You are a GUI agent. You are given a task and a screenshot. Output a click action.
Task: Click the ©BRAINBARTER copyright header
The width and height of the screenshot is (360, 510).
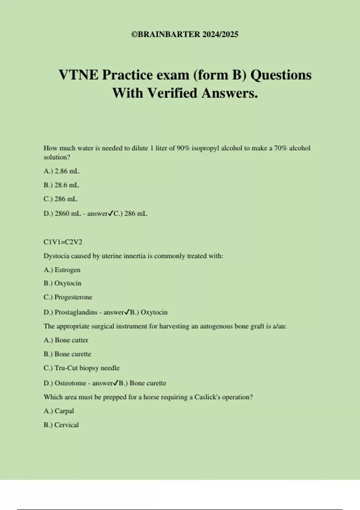(185, 34)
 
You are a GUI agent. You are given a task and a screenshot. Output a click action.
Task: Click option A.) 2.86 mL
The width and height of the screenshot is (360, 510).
(61, 171)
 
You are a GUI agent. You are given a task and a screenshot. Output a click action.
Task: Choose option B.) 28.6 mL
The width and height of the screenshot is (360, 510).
(61, 185)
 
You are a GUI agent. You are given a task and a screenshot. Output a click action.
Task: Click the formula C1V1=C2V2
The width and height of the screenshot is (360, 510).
(63, 242)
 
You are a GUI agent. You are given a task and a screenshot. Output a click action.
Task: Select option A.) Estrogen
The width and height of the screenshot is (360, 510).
(62, 270)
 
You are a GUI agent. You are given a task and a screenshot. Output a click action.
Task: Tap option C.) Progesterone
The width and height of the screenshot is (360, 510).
(68, 297)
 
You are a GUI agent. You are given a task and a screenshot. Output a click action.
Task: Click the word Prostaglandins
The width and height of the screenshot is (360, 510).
(76, 312)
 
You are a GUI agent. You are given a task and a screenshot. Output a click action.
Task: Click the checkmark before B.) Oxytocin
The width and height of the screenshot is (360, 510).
(127, 312)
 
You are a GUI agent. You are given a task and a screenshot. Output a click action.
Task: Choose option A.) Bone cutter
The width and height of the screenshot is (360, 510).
(66, 340)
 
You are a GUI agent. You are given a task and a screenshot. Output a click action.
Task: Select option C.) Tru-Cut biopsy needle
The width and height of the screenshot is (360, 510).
(82, 368)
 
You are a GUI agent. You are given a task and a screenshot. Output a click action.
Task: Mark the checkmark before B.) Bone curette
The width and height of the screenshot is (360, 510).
(116, 383)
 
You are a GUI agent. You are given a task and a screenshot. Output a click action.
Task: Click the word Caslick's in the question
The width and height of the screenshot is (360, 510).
(208, 397)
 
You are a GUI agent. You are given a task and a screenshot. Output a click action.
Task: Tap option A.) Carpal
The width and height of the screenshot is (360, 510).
(59, 411)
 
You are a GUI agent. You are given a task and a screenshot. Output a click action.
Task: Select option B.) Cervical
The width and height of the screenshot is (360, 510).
(61, 425)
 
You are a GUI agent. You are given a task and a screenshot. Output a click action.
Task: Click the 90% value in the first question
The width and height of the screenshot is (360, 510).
(183, 148)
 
